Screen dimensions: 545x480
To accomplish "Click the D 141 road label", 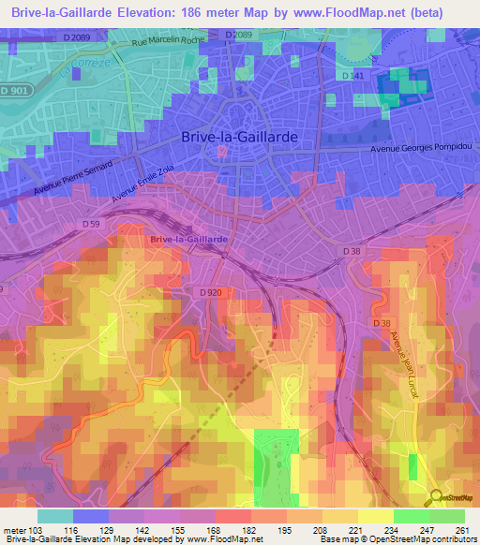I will point(353,75).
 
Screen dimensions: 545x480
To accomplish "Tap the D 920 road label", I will point(211,294).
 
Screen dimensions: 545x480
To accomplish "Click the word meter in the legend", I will point(18,529).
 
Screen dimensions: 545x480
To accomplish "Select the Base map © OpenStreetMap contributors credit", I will point(395,539).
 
